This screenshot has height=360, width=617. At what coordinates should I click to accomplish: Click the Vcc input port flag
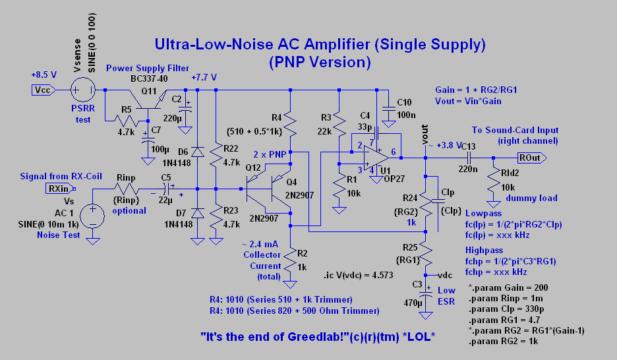pos(42,89)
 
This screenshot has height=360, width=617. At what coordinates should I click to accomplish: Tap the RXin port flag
pos(57,189)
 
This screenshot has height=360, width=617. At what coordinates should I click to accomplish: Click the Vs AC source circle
pos(93,216)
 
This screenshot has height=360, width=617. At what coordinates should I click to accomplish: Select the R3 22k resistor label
pos(326,117)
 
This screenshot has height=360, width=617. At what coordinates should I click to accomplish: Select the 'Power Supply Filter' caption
pos(148,68)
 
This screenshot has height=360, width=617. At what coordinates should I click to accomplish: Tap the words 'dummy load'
pos(535,197)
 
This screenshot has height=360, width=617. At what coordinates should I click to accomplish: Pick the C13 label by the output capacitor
pos(467,146)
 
